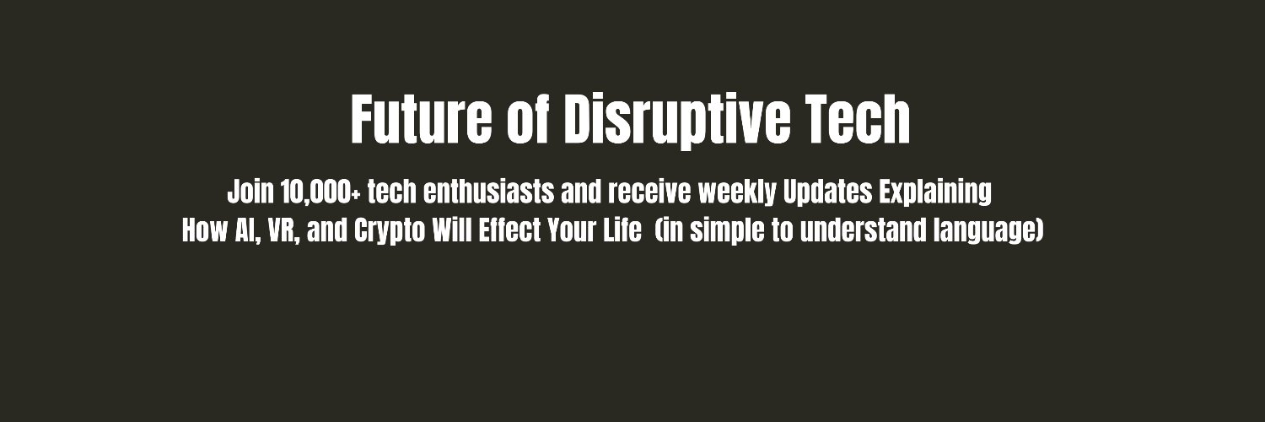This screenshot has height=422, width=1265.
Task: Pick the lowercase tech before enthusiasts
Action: [x=392, y=192]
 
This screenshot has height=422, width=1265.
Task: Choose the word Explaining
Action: [x=935, y=192]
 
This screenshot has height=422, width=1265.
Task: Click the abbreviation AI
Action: [x=245, y=231]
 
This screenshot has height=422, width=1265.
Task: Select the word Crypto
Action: [x=389, y=231]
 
